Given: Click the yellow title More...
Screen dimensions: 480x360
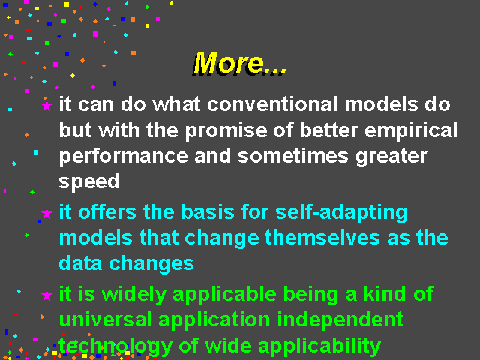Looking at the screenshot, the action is (239, 63).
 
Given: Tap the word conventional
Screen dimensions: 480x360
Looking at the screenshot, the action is (272, 104).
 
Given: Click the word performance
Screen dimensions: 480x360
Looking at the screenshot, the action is (123, 157).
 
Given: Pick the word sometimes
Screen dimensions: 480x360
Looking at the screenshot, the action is (293, 156).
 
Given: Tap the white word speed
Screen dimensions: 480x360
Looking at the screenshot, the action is (88, 182).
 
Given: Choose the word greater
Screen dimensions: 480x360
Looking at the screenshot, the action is (391, 157).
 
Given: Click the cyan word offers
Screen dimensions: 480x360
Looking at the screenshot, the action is (107, 211).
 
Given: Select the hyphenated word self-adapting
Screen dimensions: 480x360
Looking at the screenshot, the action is (341, 213).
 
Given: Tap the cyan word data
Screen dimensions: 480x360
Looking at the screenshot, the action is (80, 263).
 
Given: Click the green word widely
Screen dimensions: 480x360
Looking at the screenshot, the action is (133, 295).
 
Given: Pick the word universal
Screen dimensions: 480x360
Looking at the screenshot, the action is (105, 319).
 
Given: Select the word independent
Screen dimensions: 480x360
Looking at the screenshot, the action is (340, 320).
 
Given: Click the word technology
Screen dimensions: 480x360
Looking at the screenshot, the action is (115, 346).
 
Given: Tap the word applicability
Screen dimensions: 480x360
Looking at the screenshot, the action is (319, 346).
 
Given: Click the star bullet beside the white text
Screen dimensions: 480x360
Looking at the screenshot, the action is (46, 105).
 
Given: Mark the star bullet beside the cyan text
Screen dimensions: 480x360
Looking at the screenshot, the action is (46, 213).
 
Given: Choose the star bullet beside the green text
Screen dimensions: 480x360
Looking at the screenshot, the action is (46, 295).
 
